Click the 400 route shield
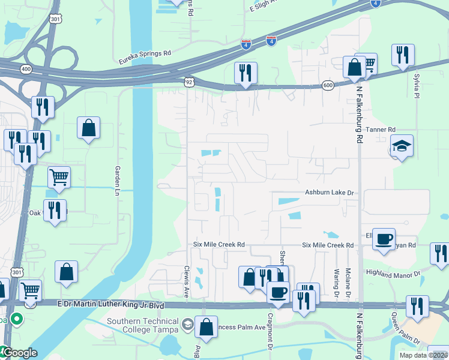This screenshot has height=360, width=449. click(26, 70)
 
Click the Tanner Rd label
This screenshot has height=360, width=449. click(382, 130)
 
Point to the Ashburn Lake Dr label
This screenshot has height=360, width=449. click(331, 193)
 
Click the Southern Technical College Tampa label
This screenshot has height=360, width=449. click(143, 326)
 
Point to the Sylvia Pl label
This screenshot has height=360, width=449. click(415, 83)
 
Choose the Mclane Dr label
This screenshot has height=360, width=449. click(347, 283)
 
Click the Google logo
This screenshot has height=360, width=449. click(19, 353)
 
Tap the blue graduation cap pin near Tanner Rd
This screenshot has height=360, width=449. click(402, 145)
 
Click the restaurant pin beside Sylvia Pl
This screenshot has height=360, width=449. click(403, 55)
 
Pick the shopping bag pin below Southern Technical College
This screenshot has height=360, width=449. click(206, 328)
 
